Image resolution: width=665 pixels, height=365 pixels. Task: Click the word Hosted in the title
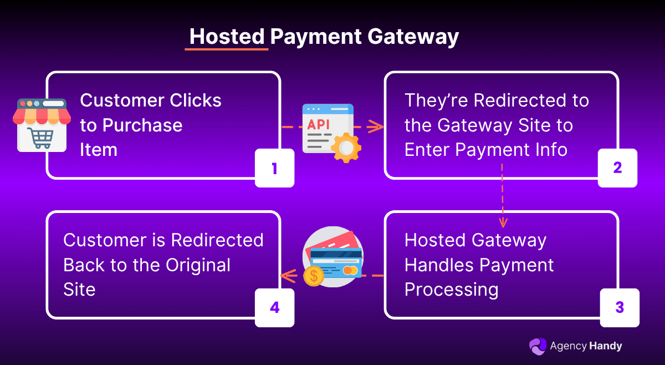pos(227,37)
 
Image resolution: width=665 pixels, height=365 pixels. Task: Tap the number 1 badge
pos(274,168)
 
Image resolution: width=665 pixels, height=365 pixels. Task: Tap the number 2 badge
pos(617,168)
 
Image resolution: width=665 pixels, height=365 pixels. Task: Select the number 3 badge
pos(620,307)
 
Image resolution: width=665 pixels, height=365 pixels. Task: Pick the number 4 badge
pos(274,307)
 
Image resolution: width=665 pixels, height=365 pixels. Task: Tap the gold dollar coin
pos(314,275)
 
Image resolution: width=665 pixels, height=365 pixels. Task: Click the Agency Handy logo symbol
pos(537,346)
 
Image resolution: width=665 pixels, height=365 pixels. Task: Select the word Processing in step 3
pos(451,290)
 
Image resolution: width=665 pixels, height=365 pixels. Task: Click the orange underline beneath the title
pos(226,49)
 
